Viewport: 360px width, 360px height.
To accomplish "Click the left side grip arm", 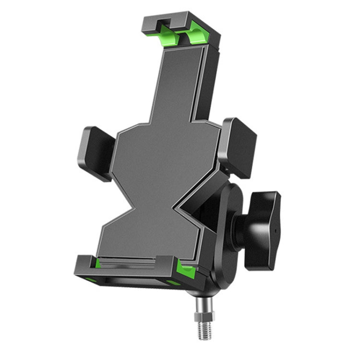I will (x=96, y=153).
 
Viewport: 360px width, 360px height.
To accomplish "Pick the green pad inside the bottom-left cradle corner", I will (x=98, y=264).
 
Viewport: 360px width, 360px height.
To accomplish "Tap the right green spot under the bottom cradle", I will (x=173, y=283).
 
